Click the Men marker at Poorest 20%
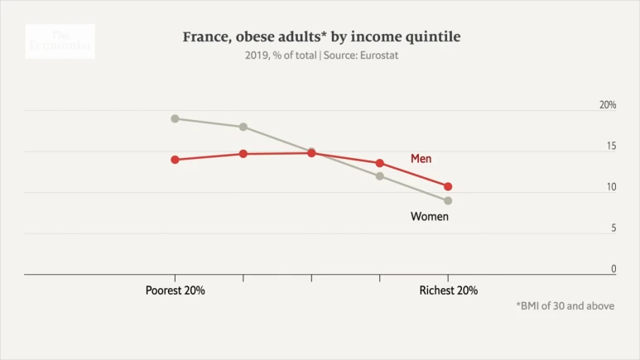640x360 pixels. pyautogui.click(x=175, y=160)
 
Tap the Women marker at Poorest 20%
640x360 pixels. pyautogui.click(x=175, y=118)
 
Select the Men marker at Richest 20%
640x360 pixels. pyautogui.click(x=448, y=187)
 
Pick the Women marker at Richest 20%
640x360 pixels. pyautogui.click(x=448, y=200)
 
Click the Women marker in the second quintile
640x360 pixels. pyautogui.click(x=243, y=127)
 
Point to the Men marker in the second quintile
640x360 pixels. pyautogui.click(x=243, y=154)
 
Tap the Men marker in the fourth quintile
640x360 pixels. pyautogui.click(x=380, y=163)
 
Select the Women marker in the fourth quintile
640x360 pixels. pyautogui.click(x=380, y=175)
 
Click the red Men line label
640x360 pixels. pyautogui.click(x=421, y=158)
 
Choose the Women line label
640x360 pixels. pyautogui.click(x=430, y=217)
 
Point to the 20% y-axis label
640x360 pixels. pyautogui.click(x=608, y=105)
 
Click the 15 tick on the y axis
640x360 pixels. pyautogui.click(x=611, y=146)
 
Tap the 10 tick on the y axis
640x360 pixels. pyautogui.click(x=611, y=187)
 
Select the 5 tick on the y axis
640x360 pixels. pyautogui.click(x=614, y=228)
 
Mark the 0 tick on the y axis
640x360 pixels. pyautogui.click(x=614, y=269)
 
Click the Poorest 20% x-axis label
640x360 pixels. pyautogui.click(x=175, y=290)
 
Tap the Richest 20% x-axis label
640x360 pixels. pyautogui.click(x=448, y=290)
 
